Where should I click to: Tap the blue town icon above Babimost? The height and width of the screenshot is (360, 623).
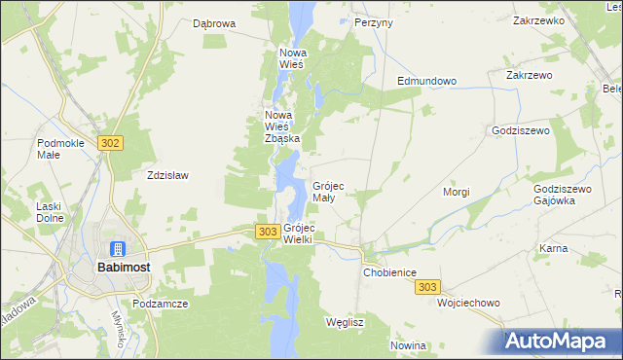click(x=118, y=249)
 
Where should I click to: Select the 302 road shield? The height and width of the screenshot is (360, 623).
click(x=110, y=143)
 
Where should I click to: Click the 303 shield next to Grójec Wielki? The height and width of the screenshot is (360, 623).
click(x=268, y=231)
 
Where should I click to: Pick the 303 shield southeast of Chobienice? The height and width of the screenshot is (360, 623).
click(x=428, y=287)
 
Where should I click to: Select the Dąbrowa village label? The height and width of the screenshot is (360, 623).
click(x=214, y=23)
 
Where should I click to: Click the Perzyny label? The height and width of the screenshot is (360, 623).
click(x=374, y=21)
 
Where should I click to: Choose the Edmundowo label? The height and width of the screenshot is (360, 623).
click(x=426, y=81)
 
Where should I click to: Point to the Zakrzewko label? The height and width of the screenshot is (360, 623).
click(x=538, y=19)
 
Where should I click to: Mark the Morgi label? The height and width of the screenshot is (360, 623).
click(x=457, y=192)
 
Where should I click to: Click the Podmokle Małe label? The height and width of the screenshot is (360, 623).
click(x=61, y=149)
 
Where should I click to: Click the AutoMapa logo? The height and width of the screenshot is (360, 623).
click(x=560, y=341)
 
